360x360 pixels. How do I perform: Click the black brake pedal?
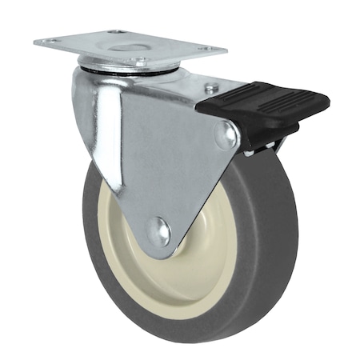pos(264,108)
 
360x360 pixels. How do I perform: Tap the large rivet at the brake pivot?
pos(224,135)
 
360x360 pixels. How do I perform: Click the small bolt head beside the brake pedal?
pos(210,88)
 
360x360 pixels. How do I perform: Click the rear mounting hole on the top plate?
pos(115,32)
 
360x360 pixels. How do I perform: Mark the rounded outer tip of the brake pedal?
pos(324,102)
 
